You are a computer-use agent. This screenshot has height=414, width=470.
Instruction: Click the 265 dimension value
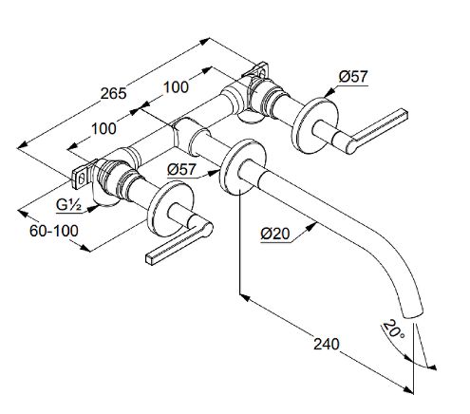(113, 93)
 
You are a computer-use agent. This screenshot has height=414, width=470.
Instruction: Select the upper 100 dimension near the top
(176, 86)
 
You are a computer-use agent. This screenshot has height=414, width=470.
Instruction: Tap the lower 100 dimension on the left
(103, 128)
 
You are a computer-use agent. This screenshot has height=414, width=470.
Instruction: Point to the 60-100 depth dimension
(54, 231)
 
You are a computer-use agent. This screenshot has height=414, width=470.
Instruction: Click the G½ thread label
(69, 205)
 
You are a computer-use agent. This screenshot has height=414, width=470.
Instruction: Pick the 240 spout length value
(326, 344)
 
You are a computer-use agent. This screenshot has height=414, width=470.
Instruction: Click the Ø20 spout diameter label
(275, 234)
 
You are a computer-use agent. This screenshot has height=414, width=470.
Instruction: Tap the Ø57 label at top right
(353, 77)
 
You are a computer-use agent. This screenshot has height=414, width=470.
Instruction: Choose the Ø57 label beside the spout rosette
(181, 169)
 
